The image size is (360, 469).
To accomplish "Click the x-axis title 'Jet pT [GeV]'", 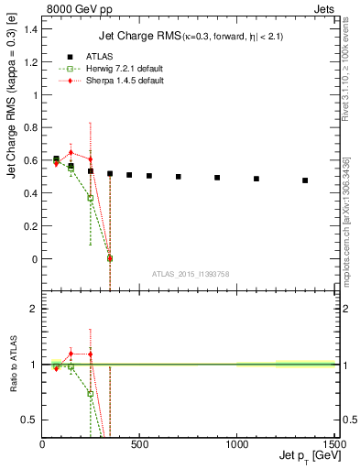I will click(306, 455).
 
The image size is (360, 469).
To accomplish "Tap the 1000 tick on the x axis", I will click(236, 444).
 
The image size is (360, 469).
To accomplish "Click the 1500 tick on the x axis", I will click(333, 444).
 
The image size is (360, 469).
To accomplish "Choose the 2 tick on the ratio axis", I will click(34, 310).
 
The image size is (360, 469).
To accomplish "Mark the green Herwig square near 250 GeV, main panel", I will click(90, 198).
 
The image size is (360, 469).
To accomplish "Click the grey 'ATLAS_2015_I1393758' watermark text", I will click(191, 273).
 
